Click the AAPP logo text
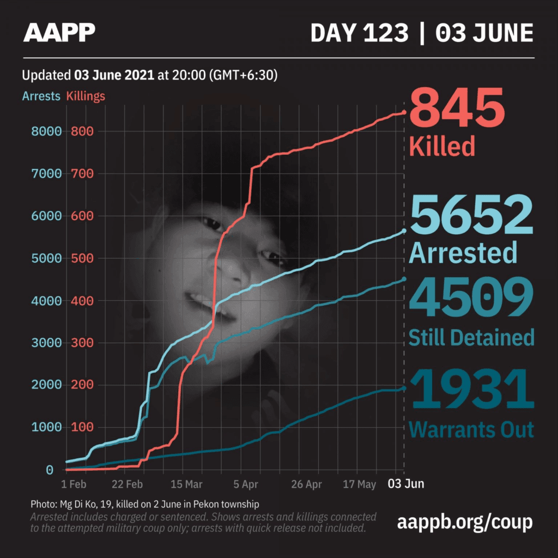pyautogui.click(x=59, y=32)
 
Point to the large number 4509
pyautogui.click(x=471, y=297)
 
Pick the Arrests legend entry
pyautogui.click(x=41, y=96)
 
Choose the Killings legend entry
pyautogui.click(x=86, y=96)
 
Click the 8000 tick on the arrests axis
pyautogui.click(x=47, y=131)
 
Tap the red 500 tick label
pyautogui.click(x=82, y=258)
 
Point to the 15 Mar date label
pyautogui.click(x=186, y=484)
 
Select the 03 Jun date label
pyautogui.click(x=406, y=484)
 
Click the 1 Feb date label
pyautogui.click(x=74, y=484)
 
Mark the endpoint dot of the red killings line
pyautogui.click(x=404, y=112)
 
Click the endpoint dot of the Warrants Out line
pyautogui.click(x=404, y=388)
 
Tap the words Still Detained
pyautogui.click(x=471, y=337)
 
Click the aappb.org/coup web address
pyautogui.click(x=465, y=523)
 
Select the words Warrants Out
pyautogui.click(x=471, y=429)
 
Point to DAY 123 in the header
pyautogui.click(x=360, y=33)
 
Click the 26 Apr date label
pyautogui.click(x=306, y=484)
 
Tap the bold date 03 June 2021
pyautogui.click(x=114, y=75)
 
